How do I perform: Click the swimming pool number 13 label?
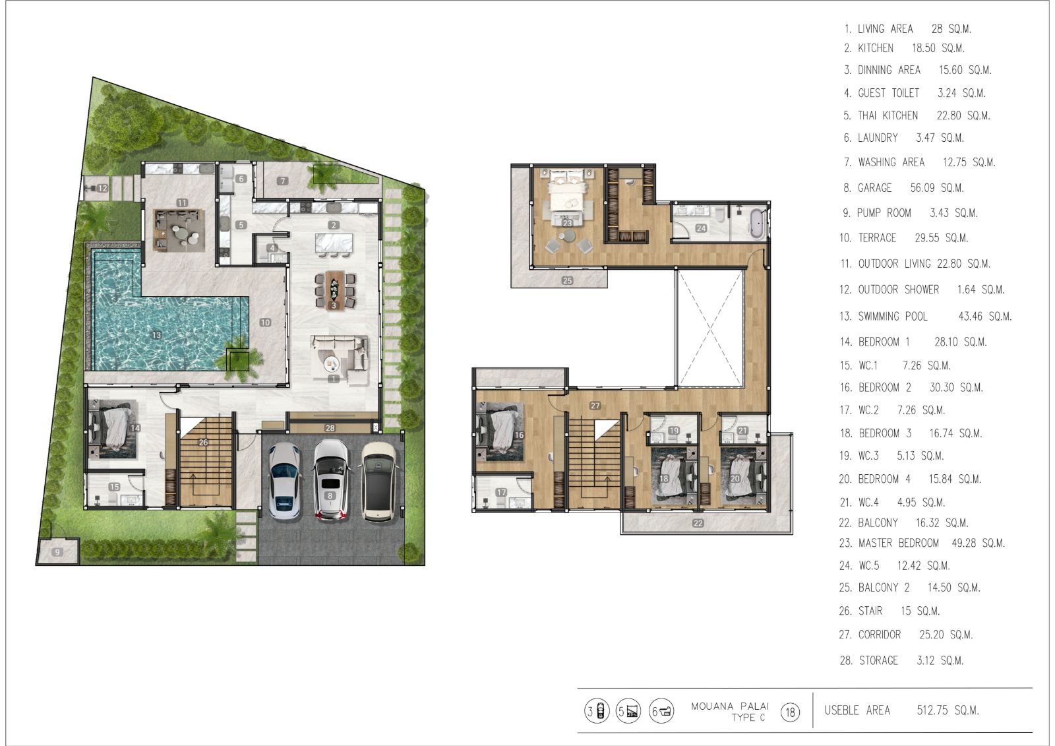point(157,335)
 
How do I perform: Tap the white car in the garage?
point(284,481)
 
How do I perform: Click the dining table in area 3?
point(334,290)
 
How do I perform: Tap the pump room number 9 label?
point(57,552)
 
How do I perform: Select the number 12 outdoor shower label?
point(102,188)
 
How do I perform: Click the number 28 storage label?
point(330,428)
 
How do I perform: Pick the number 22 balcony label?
point(698,522)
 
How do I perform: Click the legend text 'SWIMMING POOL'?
point(893,316)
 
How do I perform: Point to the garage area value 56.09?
point(922,188)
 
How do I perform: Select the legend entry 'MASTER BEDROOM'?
point(899,543)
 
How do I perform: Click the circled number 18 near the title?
point(790,712)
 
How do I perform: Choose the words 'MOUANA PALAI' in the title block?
point(729,706)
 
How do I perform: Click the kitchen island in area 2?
point(334,243)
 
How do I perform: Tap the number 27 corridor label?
point(595,405)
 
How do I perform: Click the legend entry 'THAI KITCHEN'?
point(888,115)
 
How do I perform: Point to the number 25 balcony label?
point(567,280)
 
